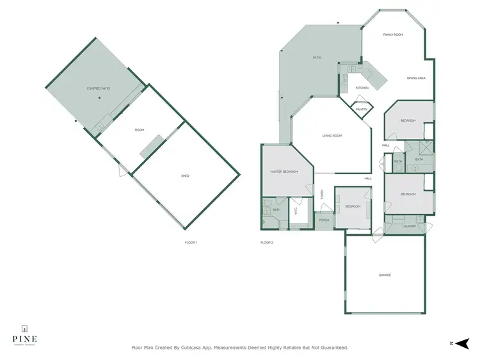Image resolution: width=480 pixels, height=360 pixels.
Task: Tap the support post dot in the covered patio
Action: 99,98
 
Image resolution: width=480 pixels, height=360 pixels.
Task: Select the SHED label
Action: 186,176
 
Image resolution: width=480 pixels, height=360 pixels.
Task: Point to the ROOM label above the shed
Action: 139,130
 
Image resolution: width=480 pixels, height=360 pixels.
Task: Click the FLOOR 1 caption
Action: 191,242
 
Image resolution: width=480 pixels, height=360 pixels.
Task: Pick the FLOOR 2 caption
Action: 266,242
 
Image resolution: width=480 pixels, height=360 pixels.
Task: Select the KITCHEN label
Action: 362,88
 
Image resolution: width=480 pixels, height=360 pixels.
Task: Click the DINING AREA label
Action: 416,78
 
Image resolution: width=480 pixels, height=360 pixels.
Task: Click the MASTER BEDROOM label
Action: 284,171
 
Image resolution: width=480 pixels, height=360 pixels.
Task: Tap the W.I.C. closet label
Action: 296,210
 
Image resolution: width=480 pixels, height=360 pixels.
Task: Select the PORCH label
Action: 323,221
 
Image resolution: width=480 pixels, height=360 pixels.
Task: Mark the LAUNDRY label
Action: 410,226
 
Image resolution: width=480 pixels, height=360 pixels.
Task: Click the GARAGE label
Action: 385,275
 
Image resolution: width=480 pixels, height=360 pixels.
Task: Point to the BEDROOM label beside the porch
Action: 353,206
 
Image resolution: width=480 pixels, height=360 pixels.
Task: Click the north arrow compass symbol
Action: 464,343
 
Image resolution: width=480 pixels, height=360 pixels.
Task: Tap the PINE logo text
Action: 24,338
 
